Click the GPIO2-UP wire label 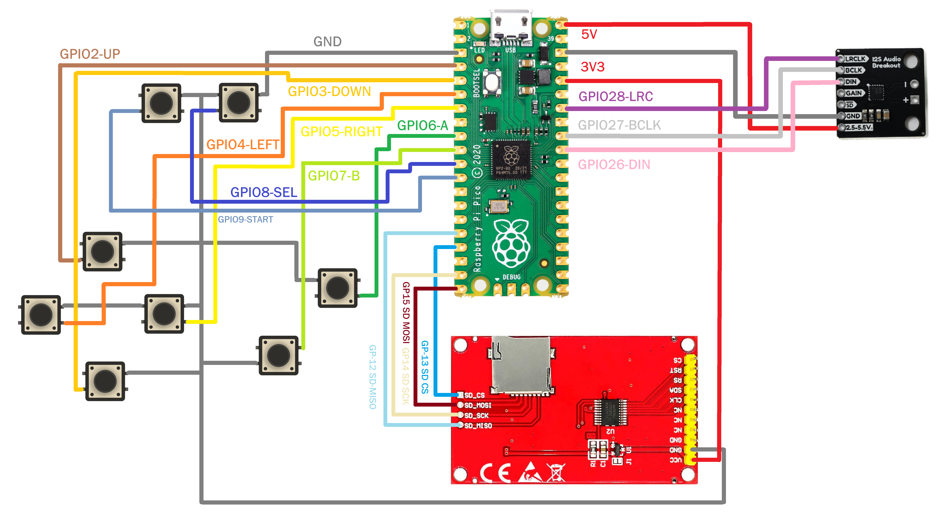click(90, 54)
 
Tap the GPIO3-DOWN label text click(329, 91)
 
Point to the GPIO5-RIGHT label click(341, 132)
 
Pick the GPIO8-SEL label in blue click(264, 192)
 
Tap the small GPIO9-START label click(245, 220)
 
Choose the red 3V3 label click(592, 67)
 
